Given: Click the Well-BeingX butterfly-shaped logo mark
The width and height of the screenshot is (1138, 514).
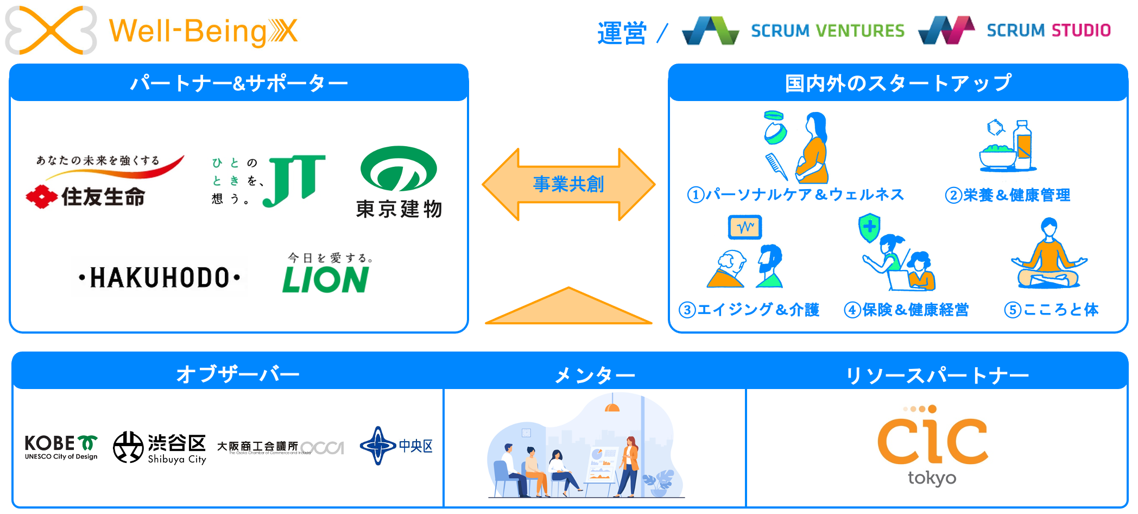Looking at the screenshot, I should (50, 30).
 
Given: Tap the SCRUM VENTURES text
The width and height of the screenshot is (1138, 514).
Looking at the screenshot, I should (827, 31).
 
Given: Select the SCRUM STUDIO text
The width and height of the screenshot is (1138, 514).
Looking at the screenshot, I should (1048, 30).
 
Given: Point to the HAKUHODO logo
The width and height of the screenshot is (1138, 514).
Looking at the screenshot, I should (160, 278).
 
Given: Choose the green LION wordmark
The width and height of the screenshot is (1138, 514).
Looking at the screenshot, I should (325, 280).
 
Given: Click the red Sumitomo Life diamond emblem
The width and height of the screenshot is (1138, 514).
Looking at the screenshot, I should (41, 197).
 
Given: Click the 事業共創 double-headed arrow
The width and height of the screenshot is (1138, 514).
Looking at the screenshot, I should (568, 184).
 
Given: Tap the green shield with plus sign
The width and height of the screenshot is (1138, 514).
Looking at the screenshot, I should (869, 228).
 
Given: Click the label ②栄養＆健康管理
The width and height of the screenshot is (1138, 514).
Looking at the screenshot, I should (1008, 195).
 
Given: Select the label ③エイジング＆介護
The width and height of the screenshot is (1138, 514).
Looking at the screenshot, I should (749, 310).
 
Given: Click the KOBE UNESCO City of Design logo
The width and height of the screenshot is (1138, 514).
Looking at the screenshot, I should (61, 447).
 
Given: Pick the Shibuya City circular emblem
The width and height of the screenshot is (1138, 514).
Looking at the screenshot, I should (128, 447).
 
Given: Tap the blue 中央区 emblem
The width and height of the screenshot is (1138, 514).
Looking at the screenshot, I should (377, 446).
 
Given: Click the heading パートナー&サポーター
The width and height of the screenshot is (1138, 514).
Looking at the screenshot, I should (239, 83).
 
